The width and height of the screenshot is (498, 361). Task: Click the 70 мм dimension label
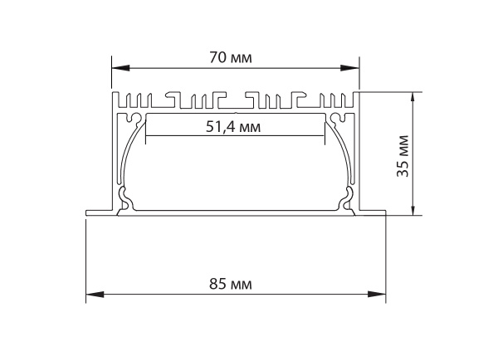coord(231,58)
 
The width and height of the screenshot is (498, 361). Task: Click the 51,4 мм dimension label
coord(233,127)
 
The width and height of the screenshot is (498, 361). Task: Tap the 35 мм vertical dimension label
coord(403,156)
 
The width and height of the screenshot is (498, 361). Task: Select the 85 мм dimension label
coord(231,284)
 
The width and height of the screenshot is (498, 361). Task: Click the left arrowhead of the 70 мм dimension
coord(120,68)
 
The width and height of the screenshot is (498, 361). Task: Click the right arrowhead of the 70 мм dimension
coord(349,68)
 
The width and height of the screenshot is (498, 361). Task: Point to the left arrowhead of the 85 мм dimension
coord(95,295)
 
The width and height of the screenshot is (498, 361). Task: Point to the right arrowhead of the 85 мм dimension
coord(377,295)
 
